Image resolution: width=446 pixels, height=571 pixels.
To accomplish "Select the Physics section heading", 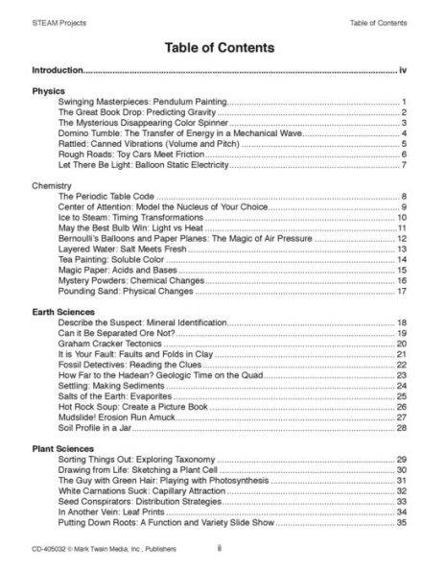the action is [48, 90].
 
